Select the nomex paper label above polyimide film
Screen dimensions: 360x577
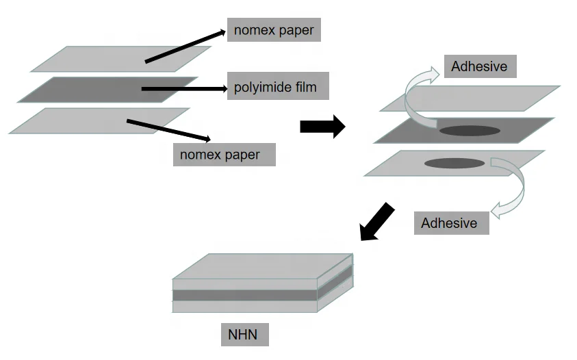tap(274, 30)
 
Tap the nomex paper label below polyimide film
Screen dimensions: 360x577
tap(224, 154)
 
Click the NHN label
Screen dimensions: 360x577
tap(244, 335)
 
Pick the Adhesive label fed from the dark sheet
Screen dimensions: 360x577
tap(480, 66)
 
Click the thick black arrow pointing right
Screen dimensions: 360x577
tap(322, 127)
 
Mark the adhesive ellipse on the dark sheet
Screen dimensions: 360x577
tap(469, 131)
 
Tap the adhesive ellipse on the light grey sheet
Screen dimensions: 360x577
tap(454, 163)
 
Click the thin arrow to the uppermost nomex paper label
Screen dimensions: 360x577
tap(185, 47)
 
